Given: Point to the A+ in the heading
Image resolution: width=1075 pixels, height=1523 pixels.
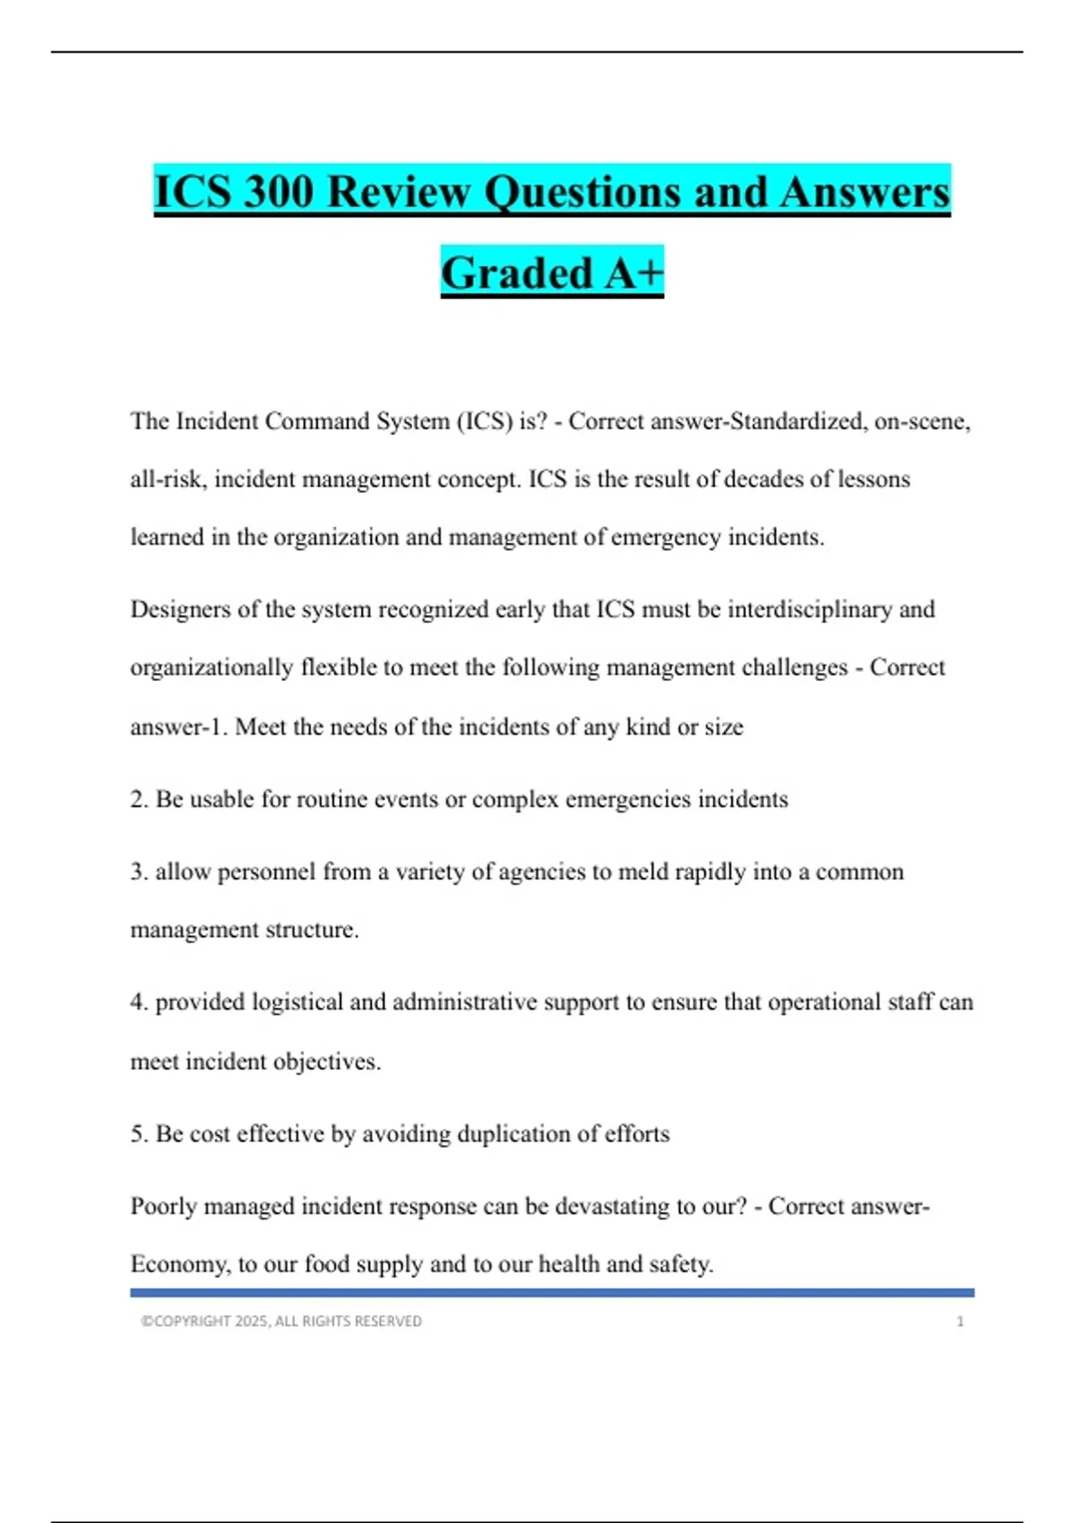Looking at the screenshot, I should click(633, 273).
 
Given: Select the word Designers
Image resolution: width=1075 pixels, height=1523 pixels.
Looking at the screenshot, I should click(180, 610).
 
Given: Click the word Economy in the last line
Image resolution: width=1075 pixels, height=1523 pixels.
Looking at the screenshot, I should click(180, 1265).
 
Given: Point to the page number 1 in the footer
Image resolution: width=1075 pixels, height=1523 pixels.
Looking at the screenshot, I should click(959, 1321).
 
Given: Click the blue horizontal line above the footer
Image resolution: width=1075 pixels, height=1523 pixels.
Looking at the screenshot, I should click(552, 1293).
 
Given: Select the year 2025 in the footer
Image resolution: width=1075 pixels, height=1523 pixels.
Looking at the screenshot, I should click(251, 1321).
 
